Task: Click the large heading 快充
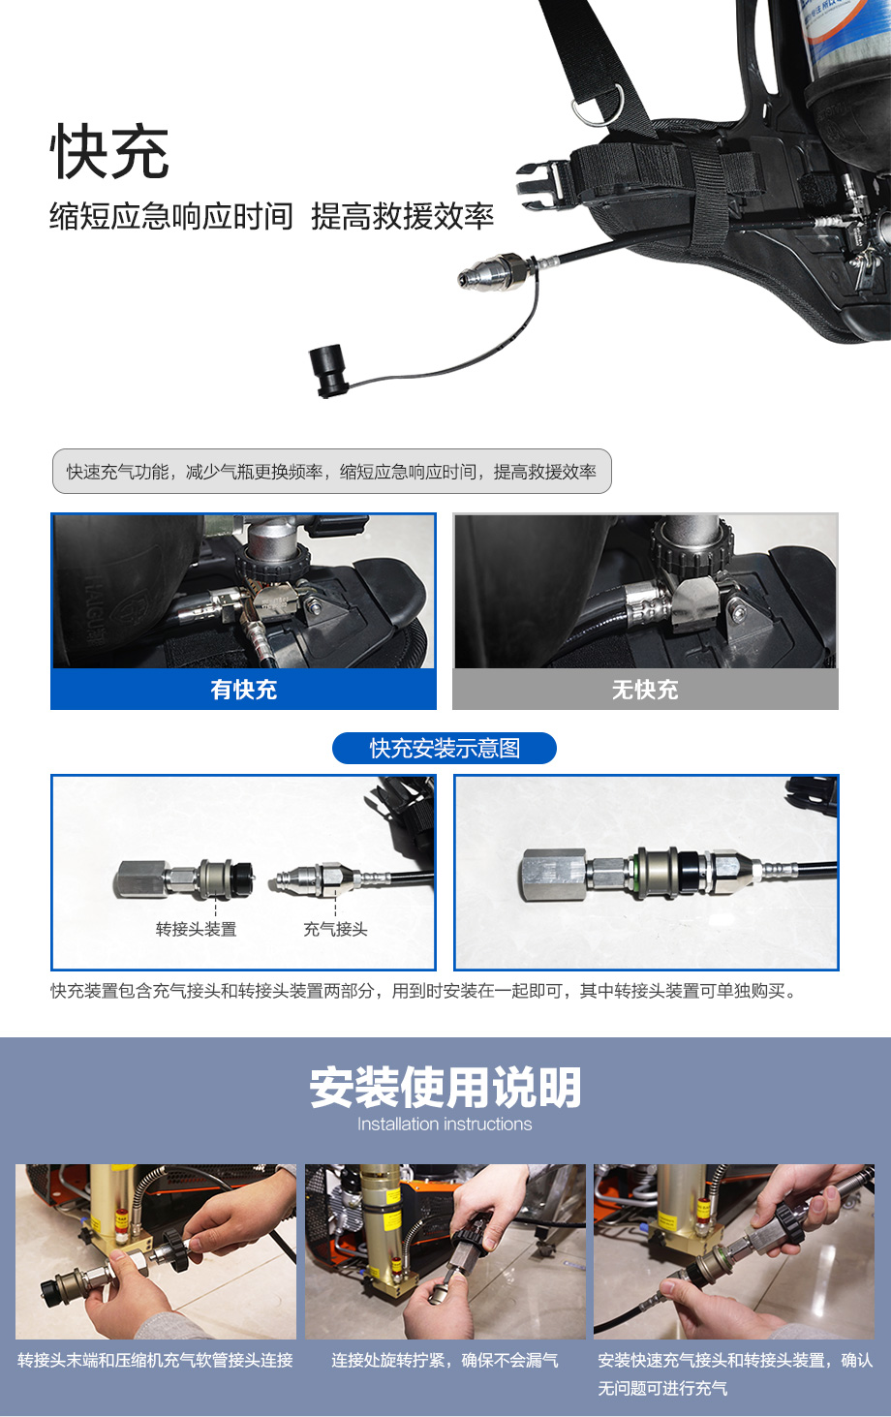coord(109,152)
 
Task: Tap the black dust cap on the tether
coord(328,370)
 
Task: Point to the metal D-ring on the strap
coord(599,105)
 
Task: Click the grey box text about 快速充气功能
coord(331,472)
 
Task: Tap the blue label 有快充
coord(243,690)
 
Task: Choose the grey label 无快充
coord(645,690)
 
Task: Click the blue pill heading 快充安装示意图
coord(445,749)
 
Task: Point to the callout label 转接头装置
coord(196,929)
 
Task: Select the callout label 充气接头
coord(335,929)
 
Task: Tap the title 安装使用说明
coord(445,1088)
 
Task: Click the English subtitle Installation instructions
coord(445,1124)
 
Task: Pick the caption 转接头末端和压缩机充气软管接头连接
coord(156,1360)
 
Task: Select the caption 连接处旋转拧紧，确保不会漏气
coord(445,1360)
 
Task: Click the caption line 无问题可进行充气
coord(662,1389)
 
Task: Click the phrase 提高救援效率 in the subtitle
coord(402,216)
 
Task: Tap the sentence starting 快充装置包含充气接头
coord(422,991)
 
